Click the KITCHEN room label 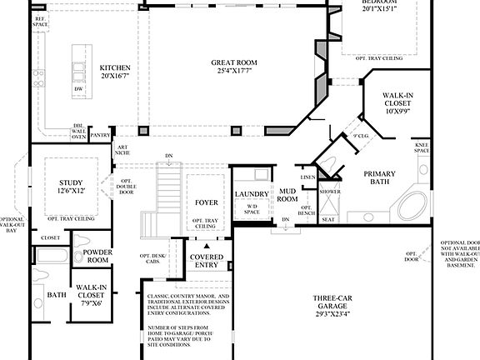(115, 67)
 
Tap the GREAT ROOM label (233, 62)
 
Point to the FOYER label (206, 202)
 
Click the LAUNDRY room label (252, 194)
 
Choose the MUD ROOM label (287, 195)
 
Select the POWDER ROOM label (98, 255)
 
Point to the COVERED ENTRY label (207, 261)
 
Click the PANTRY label (101, 134)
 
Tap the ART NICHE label (122, 150)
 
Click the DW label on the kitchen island (78, 87)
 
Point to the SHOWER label (331, 191)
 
